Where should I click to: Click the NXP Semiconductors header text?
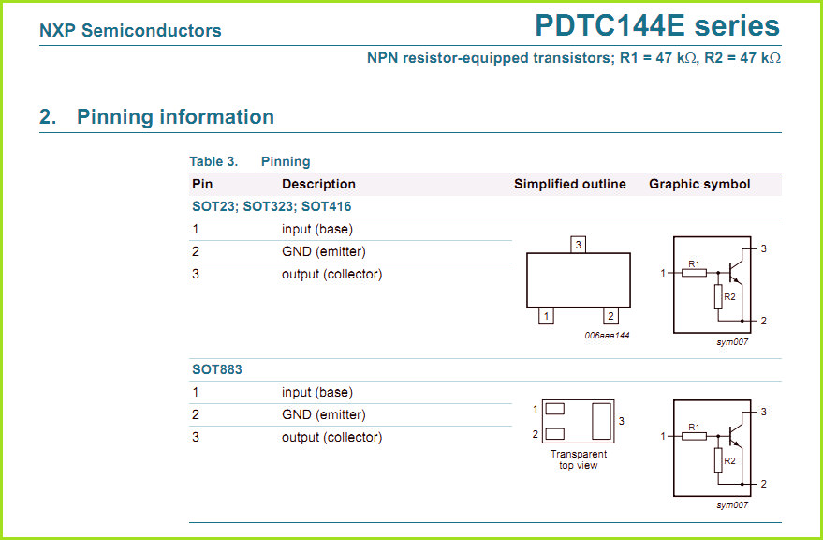pos(130,31)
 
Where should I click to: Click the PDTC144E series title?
pos(656,25)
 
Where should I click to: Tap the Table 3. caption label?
pos(213,161)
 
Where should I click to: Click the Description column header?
pos(318,184)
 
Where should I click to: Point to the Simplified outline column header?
pos(569,184)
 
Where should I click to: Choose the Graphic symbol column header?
pos(699,184)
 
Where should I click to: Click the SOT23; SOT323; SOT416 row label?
pos(272,206)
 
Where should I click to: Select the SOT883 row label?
pos(217,369)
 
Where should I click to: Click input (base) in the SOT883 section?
pos(316,392)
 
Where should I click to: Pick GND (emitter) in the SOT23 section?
pos(323,251)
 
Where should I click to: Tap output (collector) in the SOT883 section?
pos(331,437)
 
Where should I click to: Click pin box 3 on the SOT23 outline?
pos(579,245)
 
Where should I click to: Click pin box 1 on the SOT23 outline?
pos(546,316)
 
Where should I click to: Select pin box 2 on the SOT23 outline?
pos(610,316)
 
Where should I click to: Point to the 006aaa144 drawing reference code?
pos(607,335)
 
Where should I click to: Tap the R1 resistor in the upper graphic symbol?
pos(695,273)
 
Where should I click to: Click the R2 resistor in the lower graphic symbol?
pos(718,460)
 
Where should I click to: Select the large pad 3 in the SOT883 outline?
pos(602,420)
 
